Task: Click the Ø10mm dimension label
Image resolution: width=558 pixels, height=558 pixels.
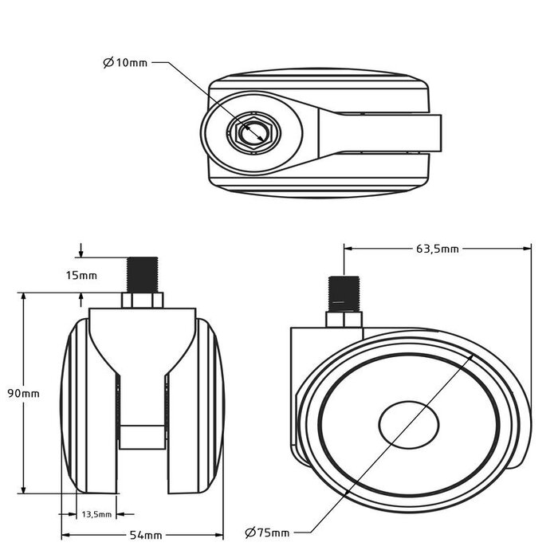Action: click(125, 62)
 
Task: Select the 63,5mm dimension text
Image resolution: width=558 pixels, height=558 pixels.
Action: click(437, 249)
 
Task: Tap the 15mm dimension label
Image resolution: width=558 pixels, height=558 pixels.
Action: click(82, 276)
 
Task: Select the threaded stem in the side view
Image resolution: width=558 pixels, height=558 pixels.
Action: click(343, 293)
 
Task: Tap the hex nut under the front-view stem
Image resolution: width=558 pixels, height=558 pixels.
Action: click(143, 301)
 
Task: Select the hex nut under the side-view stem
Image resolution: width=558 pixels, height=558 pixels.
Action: click(344, 319)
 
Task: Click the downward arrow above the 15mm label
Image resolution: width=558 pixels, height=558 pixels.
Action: click(81, 253)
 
